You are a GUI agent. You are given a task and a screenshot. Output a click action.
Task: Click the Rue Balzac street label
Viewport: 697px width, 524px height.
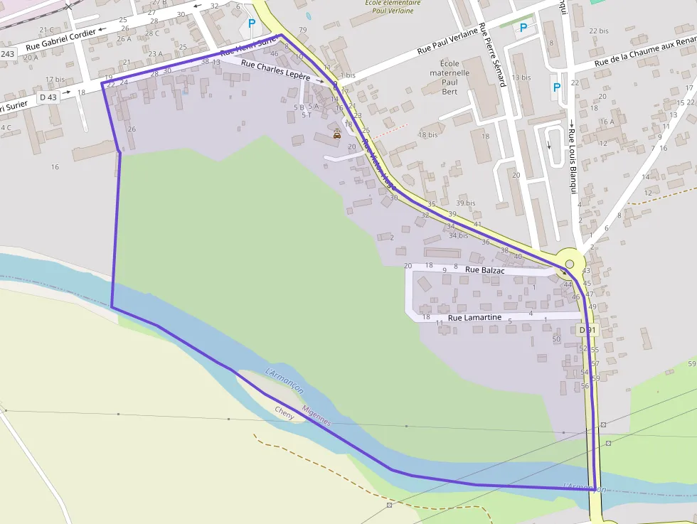click(x=484, y=269)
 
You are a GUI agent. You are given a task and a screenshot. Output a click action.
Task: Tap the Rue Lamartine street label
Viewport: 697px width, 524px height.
click(x=474, y=317)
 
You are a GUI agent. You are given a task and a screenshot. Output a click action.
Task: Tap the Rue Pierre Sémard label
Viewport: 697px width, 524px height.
click(x=492, y=55)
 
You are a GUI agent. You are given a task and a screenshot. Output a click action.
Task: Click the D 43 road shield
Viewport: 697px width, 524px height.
click(x=49, y=97)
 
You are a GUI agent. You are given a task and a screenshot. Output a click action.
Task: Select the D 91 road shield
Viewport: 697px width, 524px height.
click(x=587, y=331)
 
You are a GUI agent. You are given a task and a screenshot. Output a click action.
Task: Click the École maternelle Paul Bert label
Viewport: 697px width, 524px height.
click(x=449, y=77)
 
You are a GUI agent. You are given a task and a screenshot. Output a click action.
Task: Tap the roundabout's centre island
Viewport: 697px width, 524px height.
click(x=570, y=264)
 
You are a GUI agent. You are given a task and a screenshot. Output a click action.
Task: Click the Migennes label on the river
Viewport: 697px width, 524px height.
click(x=316, y=416)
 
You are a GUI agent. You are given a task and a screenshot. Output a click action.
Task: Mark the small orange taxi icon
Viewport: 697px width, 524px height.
click(x=337, y=134)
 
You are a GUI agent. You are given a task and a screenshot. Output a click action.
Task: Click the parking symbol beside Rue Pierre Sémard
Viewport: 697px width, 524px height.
click(x=524, y=28)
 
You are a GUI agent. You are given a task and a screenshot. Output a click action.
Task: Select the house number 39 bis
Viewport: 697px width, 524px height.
click(x=466, y=203)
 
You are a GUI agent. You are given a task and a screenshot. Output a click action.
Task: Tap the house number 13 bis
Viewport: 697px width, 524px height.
click(x=521, y=77)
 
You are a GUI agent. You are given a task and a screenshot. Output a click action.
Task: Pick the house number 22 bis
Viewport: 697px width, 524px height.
click(x=599, y=31)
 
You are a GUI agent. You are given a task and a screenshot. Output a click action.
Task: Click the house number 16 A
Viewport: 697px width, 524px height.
click(x=607, y=122)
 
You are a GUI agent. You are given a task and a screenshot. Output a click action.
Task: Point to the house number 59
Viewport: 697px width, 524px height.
click(x=691, y=364)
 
